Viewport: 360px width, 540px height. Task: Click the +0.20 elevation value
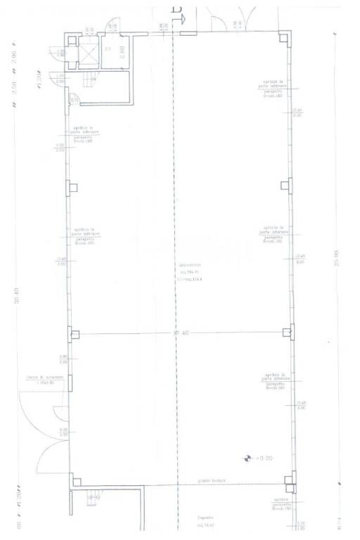[264, 457]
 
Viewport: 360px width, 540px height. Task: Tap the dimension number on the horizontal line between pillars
[179, 333]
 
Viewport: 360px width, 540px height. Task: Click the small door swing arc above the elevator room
[112, 26]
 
